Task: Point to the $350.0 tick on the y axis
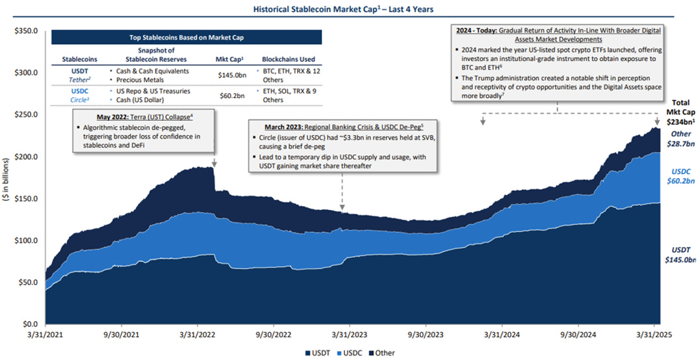(26, 31)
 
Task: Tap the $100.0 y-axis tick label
(26, 240)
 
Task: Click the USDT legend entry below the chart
(318, 353)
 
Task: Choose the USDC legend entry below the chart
(349, 353)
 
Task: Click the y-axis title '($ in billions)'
(7, 178)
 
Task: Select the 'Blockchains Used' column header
(287, 59)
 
